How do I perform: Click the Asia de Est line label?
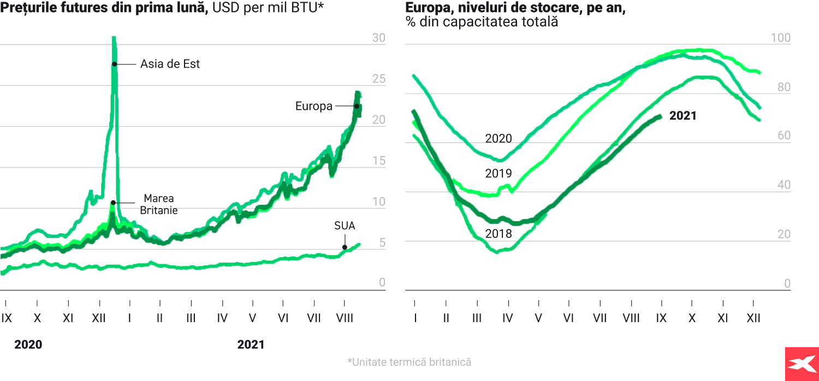click(x=170, y=64)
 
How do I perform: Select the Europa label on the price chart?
click(x=314, y=106)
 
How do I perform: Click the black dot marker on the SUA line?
click(x=345, y=247)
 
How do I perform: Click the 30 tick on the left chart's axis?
click(x=378, y=38)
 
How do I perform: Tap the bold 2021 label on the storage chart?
click(x=683, y=116)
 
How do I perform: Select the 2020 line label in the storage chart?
click(x=498, y=139)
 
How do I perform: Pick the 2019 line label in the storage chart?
click(x=498, y=174)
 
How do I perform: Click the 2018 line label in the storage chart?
click(x=498, y=234)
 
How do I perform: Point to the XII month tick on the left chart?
click(x=99, y=318)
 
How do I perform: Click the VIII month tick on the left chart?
click(x=344, y=318)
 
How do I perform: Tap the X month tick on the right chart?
click(x=692, y=318)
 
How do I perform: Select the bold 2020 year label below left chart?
click(x=28, y=344)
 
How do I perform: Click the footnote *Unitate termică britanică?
click(x=409, y=362)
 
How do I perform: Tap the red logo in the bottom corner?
click(x=802, y=364)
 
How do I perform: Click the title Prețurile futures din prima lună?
click(x=104, y=9)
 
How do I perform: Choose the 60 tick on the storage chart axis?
click(x=784, y=135)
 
